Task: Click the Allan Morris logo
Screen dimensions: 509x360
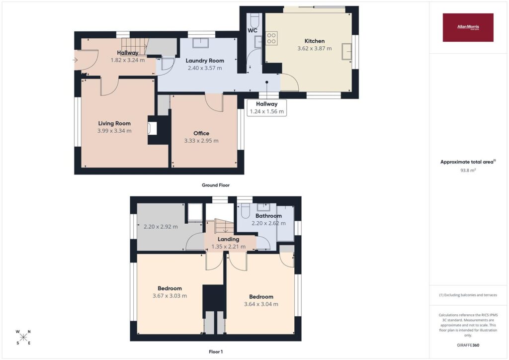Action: coord(468,27)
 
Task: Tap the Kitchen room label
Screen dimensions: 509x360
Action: coord(314,41)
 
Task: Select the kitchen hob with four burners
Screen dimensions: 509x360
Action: coord(271,38)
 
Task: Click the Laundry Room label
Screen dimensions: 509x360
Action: coord(204,60)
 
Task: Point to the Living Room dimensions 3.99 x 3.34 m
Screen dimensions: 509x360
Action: coord(114,131)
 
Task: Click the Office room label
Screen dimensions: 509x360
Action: coord(201,133)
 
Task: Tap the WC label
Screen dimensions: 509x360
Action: coord(252,30)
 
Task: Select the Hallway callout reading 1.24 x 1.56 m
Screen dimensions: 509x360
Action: coord(266,108)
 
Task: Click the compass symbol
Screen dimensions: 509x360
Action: coord(23,337)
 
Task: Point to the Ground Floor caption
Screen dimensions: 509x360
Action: coord(216,185)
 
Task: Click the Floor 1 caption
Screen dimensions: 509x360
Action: coord(216,352)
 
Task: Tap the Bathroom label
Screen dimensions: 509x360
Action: coord(268,216)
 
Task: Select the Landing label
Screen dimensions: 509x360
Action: coord(228,239)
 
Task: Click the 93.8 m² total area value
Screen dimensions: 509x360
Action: coord(468,170)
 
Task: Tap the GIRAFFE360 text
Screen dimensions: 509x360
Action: coord(468,345)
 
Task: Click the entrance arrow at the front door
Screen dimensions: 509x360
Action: coord(75,60)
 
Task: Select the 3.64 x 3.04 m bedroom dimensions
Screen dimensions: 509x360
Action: coord(261,304)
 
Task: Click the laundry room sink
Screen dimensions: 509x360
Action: coord(201,43)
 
